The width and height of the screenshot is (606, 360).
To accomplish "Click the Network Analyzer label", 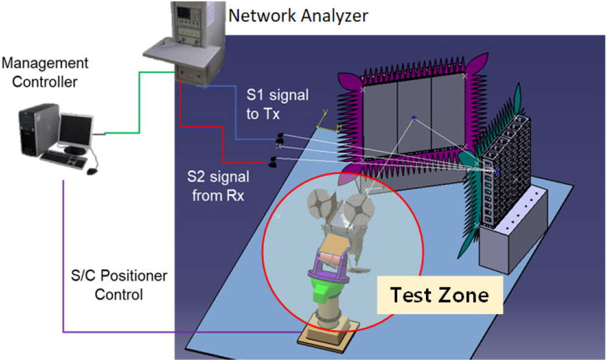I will pyautogui.click(x=298, y=15).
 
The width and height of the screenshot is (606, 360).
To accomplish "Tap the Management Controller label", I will pyautogui.click(x=45, y=71).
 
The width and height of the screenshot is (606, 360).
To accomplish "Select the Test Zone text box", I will pyautogui.click(x=439, y=296).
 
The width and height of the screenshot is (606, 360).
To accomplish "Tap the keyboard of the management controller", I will pyautogui.click(x=61, y=159).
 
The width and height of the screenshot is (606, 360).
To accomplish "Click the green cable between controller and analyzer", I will pyautogui.click(x=140, y=104).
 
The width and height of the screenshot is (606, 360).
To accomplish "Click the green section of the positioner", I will pyautogui.click(x=328, y=286).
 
